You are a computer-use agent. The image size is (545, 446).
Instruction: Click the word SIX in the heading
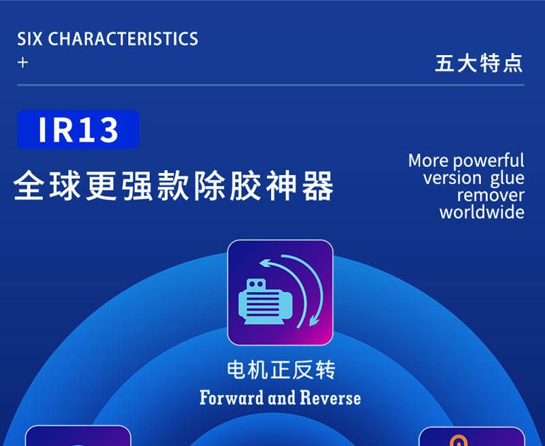[x=30, y=39]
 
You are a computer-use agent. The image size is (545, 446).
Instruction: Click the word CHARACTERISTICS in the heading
[x=123, y=39]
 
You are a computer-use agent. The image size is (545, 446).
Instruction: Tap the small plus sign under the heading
[x=22, y=63]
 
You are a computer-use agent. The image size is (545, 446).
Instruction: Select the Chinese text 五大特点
[x=479, y=63]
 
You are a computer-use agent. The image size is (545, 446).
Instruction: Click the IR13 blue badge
[x=78, y=129]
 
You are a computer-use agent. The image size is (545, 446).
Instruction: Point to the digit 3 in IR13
[x=108, y=130]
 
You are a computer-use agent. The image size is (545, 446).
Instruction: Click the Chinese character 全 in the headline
[x=29, y=185]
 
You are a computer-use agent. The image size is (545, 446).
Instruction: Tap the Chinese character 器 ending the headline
[x=318, y=185]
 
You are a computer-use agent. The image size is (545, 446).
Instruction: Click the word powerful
[x=488, y=161]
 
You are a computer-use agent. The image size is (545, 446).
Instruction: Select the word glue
[x=507, y=178]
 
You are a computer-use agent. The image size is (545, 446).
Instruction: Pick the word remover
[x=490, y=195]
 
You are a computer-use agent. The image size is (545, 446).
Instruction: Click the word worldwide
[x=482, y=212]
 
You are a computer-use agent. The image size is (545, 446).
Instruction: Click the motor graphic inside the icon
[x=265, y=302]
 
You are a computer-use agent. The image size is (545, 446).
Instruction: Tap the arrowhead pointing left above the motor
[x=266, y=264]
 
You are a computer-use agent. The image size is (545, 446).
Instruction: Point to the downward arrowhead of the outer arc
[x=315, y=320]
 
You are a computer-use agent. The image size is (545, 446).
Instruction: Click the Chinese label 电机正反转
[x=281, y=370]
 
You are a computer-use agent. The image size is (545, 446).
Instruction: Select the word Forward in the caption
[x=232, y=398]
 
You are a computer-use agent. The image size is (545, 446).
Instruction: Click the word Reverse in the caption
[x=330, y=398]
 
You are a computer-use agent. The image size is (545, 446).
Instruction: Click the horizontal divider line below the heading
[x=270, y=84]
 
